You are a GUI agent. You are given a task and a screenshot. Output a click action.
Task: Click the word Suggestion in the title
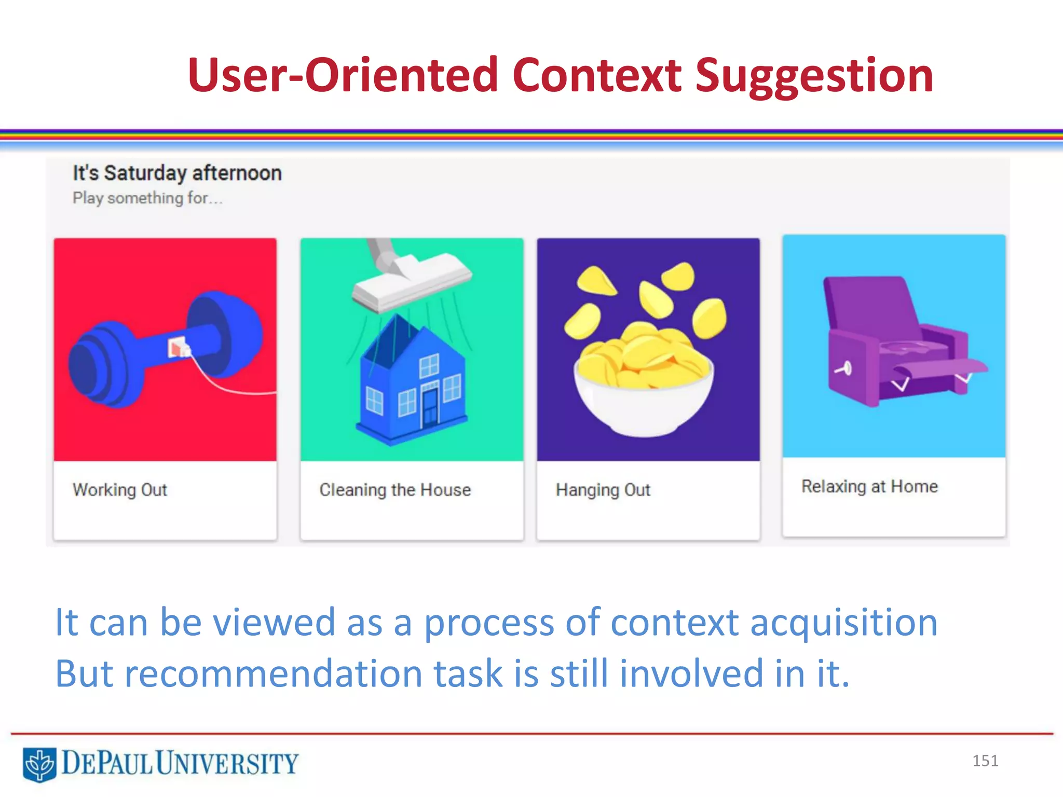point(813,76)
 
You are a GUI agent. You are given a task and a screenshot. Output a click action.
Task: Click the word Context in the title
point(596,75)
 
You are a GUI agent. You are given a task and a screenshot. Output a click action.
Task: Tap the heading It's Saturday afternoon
point(177,173)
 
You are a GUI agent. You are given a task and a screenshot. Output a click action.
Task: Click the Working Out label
point(120,489)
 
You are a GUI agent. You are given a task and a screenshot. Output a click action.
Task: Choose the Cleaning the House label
point(395,489)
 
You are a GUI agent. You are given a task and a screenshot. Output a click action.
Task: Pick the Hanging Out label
point(603,489)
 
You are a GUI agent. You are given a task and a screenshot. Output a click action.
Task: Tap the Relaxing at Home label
point(869,486)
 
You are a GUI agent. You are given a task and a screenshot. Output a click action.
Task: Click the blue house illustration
point(410,384)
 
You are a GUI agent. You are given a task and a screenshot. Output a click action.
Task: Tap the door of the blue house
point(430,407)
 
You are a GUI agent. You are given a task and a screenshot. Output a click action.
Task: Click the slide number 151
point(985,761)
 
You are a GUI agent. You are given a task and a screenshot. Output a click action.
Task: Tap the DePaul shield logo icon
point(39,764)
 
